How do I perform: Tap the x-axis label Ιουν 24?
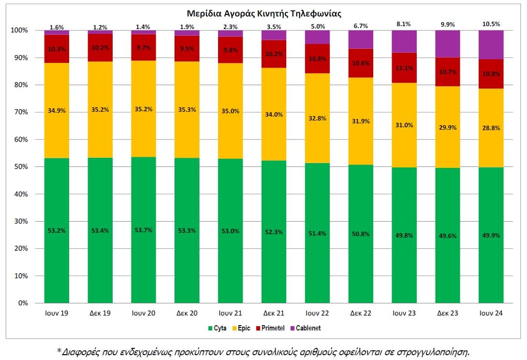click(x=491, y=314)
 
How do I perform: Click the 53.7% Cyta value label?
click(x=143, y=230)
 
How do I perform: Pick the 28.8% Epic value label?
click(x=491, y=128)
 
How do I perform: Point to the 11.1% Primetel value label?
click(x=404, y=68)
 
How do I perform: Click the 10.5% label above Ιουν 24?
click(x=491, y=24)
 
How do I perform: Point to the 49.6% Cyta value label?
click(x=447, y=236)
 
